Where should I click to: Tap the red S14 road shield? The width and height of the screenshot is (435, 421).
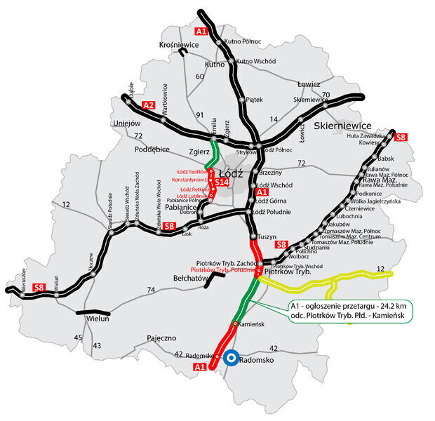tap(222, 182)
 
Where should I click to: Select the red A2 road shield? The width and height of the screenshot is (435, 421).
tap(148, 105)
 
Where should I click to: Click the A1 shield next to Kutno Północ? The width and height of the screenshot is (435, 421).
tap(201, 32)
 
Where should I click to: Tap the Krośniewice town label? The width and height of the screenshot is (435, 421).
tap(180, 44)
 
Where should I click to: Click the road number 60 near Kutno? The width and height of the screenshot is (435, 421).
tap(200, 76)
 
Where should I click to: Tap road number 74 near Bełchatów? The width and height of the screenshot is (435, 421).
tap(150, 290)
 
